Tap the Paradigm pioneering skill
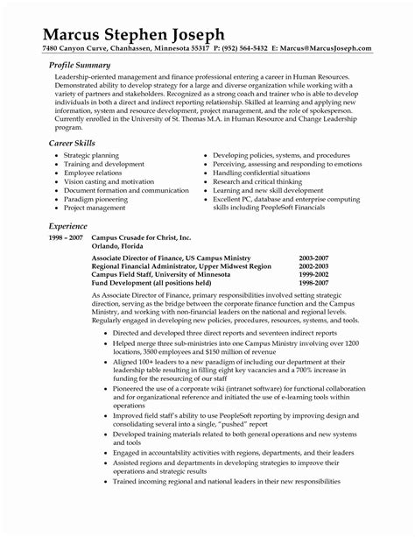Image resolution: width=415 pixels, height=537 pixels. click(96, 200)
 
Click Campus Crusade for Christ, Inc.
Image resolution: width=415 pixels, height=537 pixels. click(140, 239)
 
